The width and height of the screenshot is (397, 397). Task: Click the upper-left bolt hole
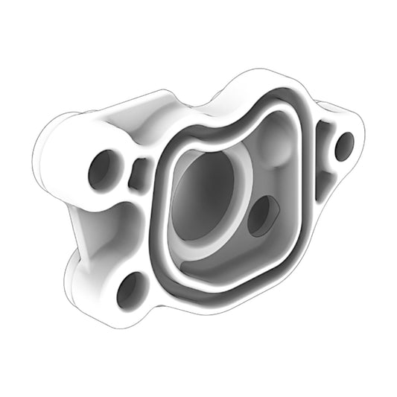pos(103,169)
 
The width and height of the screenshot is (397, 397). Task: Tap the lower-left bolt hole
pos(131,290)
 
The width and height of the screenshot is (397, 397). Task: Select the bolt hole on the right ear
pos(344,146)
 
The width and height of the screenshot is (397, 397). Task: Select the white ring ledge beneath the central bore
pos(195,250)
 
